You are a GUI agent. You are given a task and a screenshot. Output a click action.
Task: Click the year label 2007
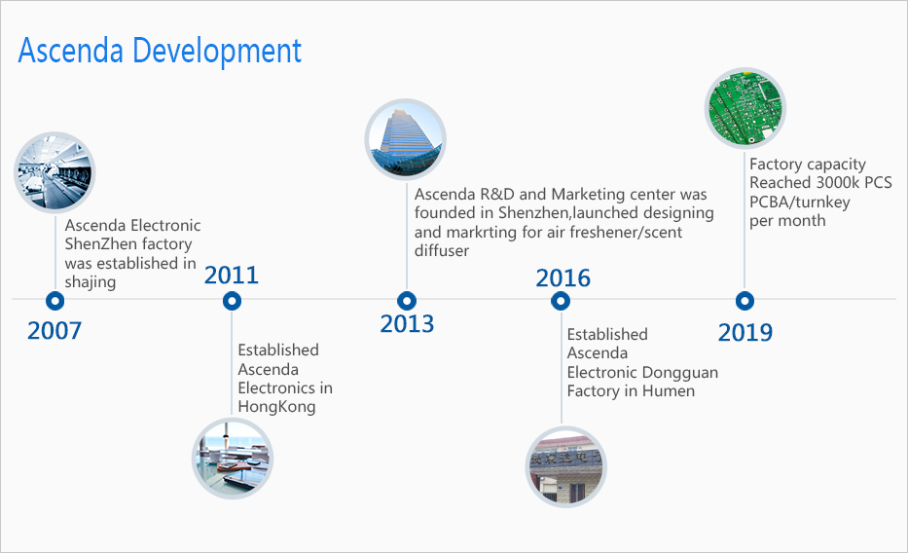(x=54, y=331)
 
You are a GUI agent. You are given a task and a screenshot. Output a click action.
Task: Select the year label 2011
(x=231, y=276)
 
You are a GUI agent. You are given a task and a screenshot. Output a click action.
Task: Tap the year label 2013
(x=407, y=323)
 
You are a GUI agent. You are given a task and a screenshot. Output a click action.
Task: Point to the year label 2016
(x=563, y=277)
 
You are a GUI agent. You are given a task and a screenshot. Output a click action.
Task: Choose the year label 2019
(x=745, y=332)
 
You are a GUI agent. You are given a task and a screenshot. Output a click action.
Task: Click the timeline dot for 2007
(x=55, y=301)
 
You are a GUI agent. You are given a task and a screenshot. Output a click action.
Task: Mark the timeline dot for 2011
(x=232, y=301)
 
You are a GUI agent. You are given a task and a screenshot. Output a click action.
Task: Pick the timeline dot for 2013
(x=407, y=301)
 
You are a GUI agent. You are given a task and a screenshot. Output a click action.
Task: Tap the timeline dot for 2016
(x=561, y=301)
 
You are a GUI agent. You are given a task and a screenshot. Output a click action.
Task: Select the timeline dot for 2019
(x=745, y=301)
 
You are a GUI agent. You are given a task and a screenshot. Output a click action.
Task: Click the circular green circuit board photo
(x=745, y=108)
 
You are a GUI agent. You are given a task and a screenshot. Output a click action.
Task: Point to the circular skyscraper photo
(x=406, y=139)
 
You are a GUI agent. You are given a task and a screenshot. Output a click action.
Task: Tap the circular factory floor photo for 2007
(x=55, y=172)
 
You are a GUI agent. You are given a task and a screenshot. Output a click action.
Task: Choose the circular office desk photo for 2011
(x=233, y=459)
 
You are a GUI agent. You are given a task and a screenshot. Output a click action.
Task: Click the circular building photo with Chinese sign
(x=565, y=466)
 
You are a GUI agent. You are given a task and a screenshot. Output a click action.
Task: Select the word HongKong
(x=276, y=407)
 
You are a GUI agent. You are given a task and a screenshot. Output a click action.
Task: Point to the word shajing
(x=91, y=282)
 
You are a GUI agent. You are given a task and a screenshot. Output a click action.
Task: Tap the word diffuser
(x=441, y=251)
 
